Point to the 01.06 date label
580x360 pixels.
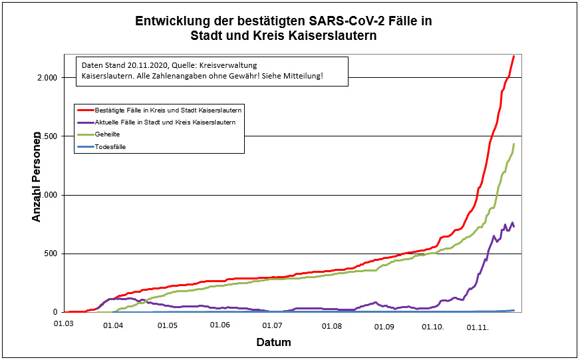click(x=219, y=325)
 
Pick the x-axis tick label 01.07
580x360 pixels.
click(x=272, y=325)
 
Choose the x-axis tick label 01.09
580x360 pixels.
click(x=384, y=326)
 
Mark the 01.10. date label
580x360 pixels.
click(x=434, y=327)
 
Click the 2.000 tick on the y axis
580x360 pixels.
click(x=46, y=78)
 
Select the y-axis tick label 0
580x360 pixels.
click(x=57, y=312)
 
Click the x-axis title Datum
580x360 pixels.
click(x=273, y=343)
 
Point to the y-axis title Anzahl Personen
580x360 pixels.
click(x=37, y=176)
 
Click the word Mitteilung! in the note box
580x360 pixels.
click(x=302, y=77)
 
